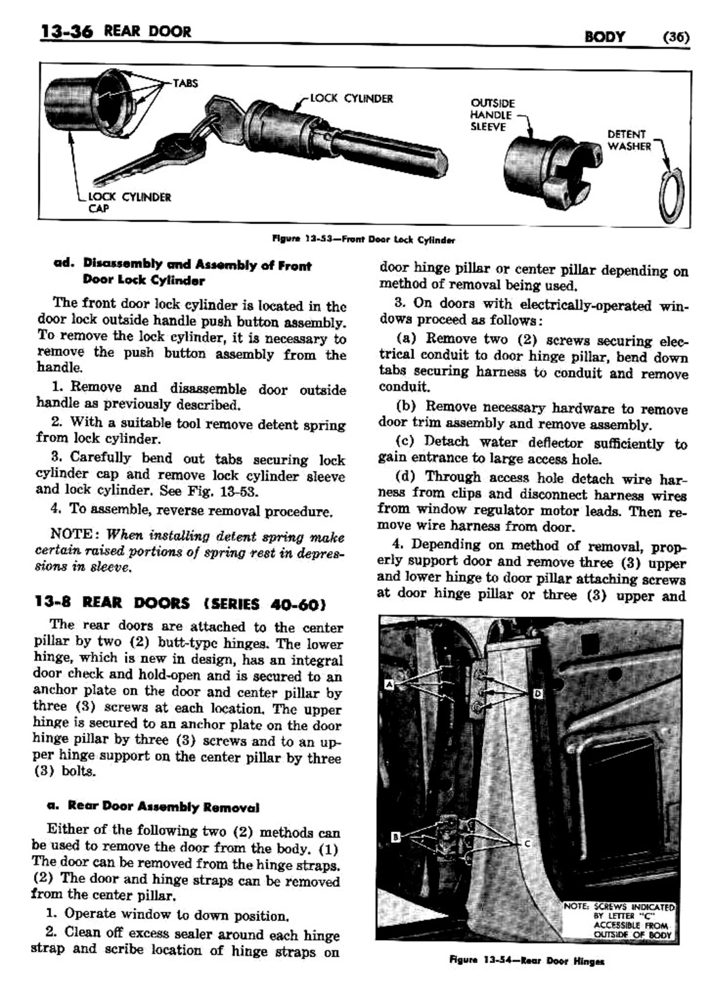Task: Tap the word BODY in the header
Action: pos(604,37)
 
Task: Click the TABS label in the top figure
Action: pos(185,83)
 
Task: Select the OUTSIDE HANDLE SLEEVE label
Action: pos(492,115)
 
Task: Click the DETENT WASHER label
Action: pos(629,140)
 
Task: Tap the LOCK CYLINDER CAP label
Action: pos(130,202)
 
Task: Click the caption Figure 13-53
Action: pos(363,240)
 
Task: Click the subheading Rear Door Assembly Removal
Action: pos(153,807)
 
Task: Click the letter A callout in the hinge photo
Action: pos(389,685)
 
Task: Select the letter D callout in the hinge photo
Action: pos(537,693)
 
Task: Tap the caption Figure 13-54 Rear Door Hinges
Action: pos(526,960)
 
